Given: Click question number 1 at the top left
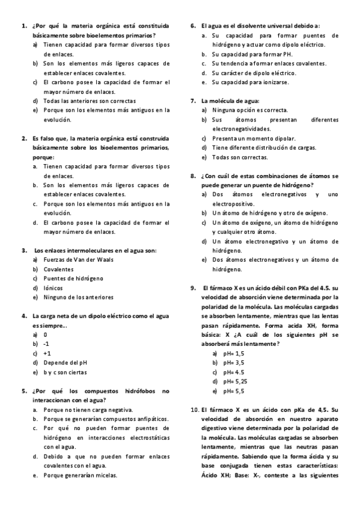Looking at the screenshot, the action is point(23,26).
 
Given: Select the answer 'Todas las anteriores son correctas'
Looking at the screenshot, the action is point(89,101).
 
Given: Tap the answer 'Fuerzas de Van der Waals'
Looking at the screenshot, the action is point(78,260).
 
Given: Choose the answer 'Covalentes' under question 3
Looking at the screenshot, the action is point(58,269).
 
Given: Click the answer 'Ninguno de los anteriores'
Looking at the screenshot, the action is point(78,297).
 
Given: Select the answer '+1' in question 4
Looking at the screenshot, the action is point(47,354).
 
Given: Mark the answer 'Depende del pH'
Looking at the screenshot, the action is point(65,363).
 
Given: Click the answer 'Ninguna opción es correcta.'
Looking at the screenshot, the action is point(249,110).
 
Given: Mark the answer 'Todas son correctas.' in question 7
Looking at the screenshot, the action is point(240,157).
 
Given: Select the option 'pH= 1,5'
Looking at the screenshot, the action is point(234,354).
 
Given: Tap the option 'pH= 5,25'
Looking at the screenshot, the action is point(236,381).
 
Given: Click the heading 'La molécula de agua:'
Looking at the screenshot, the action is point(230,100).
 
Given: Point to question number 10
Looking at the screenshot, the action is point(194,410).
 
